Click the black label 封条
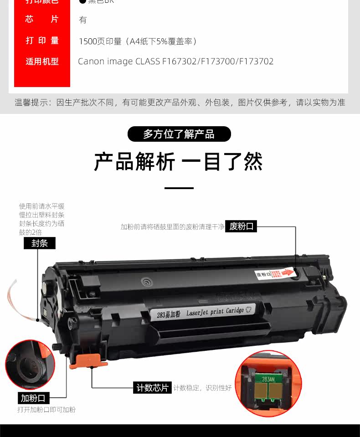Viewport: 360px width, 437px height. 40,243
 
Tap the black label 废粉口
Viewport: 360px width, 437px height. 241,226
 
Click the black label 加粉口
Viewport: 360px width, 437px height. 34,398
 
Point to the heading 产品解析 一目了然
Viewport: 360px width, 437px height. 179,162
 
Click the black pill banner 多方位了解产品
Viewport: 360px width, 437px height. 179,134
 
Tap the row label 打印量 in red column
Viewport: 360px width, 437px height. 42,41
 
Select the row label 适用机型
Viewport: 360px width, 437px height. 42,62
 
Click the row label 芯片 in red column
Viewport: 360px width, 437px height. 42,20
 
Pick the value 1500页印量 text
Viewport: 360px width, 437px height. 138,41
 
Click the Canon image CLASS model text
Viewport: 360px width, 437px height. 176,62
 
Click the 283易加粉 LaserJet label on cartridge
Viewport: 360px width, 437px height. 202,312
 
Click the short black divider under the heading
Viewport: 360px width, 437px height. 179,188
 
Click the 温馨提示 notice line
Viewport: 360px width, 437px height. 180,103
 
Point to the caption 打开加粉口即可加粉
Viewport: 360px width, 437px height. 46,410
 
